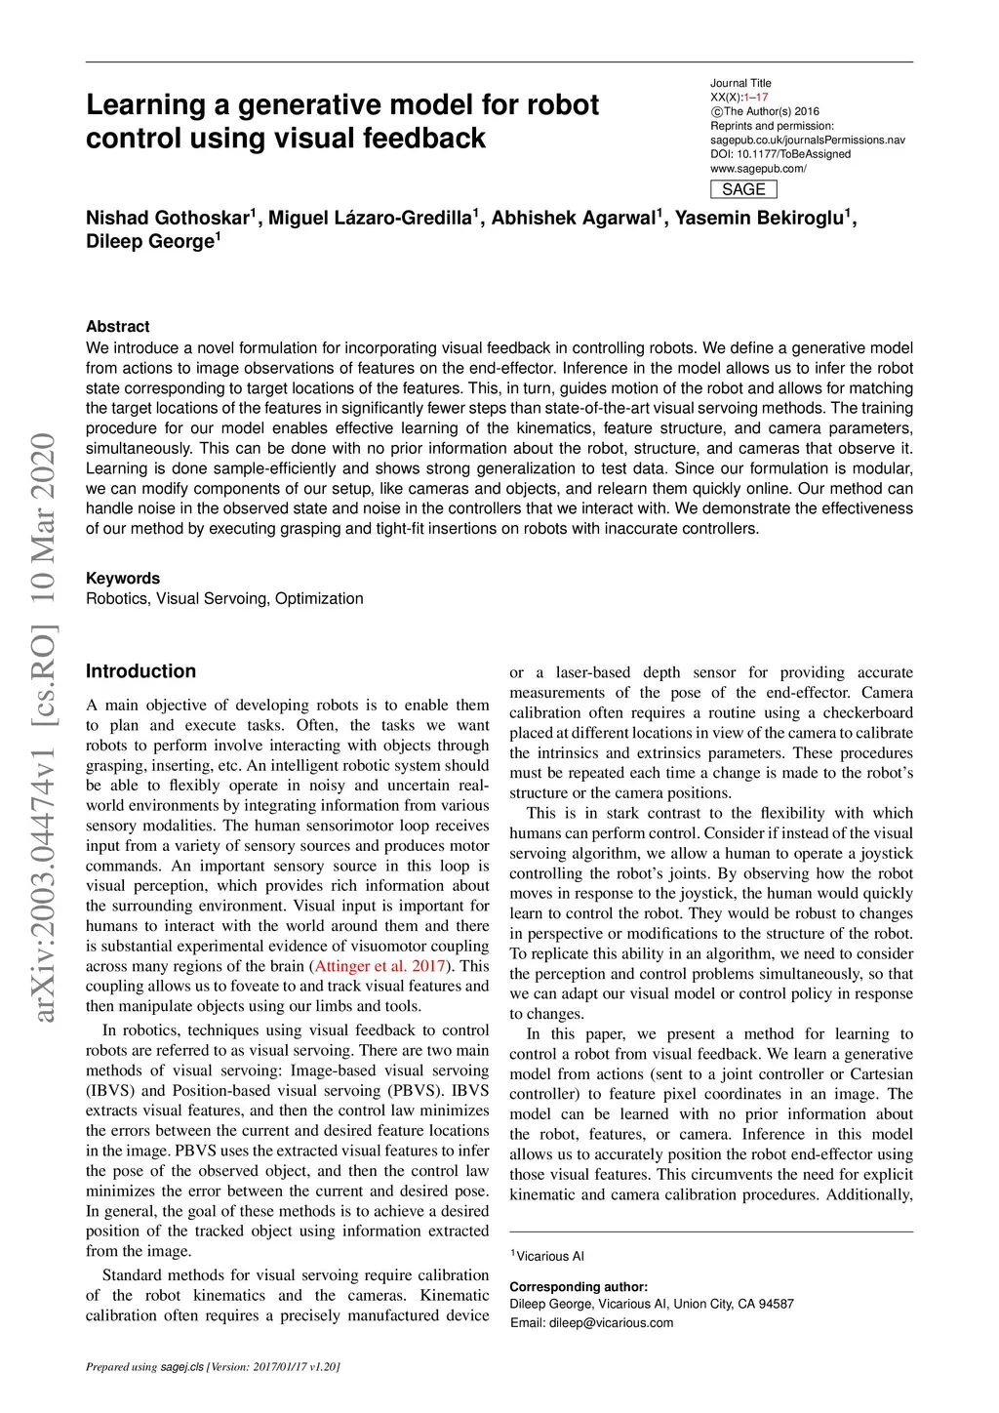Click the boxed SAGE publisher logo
(x=743, y=189)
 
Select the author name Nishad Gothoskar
(x=168, y=218)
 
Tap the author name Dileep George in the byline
(x=149, y=242)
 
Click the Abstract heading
(x=118, y=326)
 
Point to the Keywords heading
(x=123, y=578)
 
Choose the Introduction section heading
(x=140, y=671)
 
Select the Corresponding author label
(x=579, y=1286)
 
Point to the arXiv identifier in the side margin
(x=44, y=727)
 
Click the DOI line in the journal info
(x=780, y=154)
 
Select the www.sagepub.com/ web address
(x=758, y=169)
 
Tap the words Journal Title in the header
(x=740, y=83)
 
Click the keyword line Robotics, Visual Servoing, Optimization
(x=224, y=598)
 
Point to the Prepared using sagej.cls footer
(x=213, y=1366)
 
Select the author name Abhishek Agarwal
(x=573, y=218)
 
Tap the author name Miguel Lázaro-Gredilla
(x=370, y=218)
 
